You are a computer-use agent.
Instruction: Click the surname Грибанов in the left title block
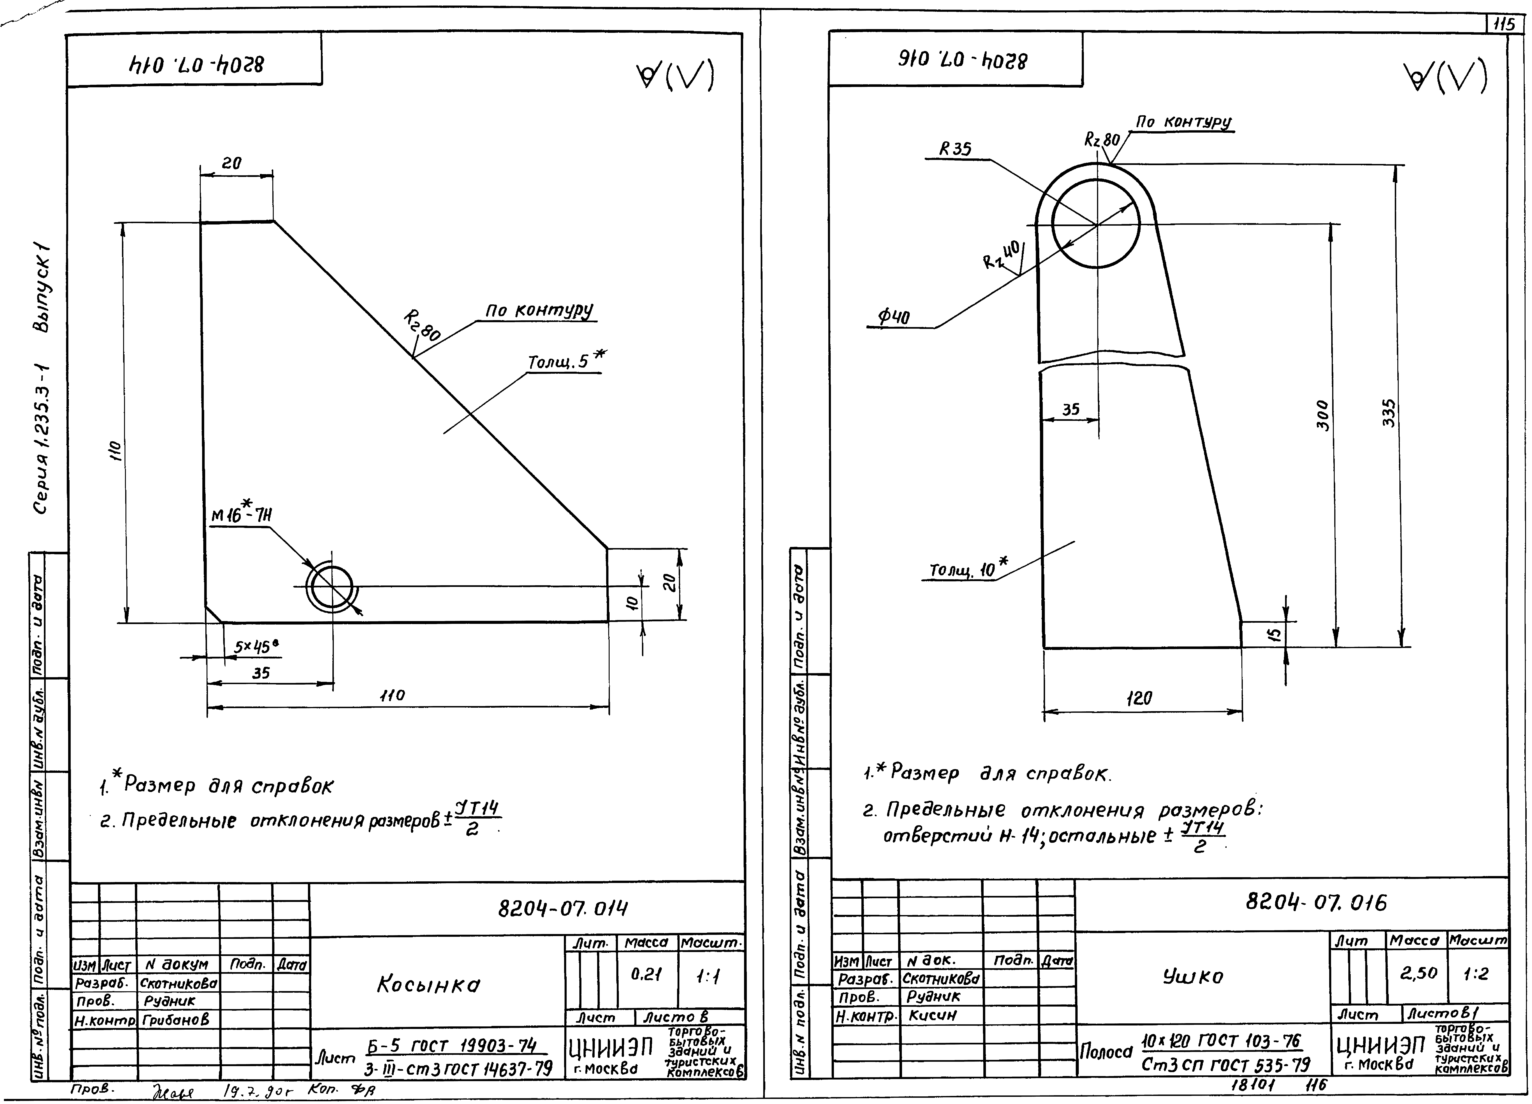176,1020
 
